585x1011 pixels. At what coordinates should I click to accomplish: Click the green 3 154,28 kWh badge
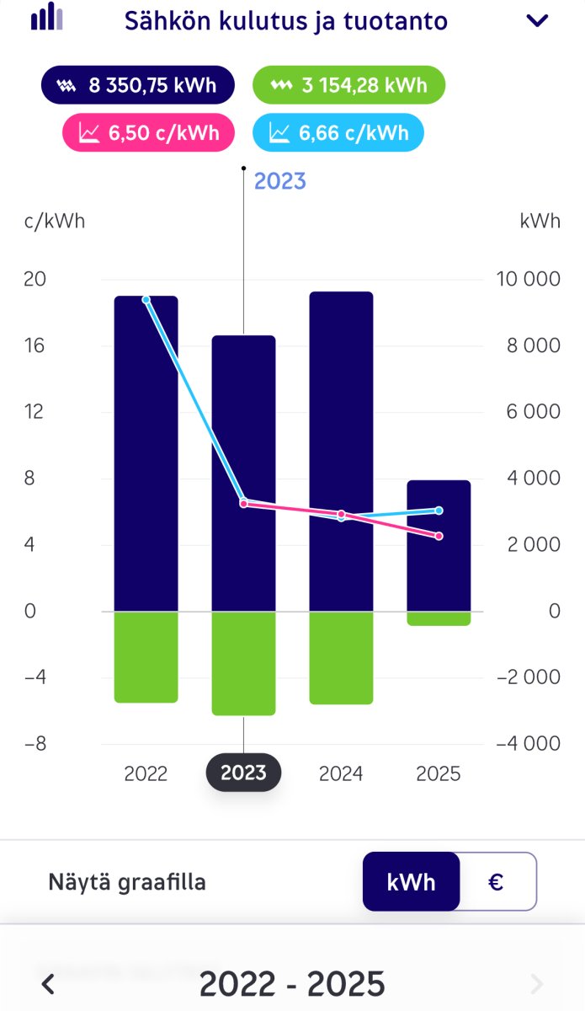point(348,84)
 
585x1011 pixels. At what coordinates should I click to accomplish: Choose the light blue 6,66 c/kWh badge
point(338,132)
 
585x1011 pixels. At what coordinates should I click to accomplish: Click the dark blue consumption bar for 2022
point(146,455)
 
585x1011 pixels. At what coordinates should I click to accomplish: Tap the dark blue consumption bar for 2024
point(342,455)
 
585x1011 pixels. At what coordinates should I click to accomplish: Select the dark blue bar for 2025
point(439,573)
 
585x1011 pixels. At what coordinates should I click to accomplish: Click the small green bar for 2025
point(439,618)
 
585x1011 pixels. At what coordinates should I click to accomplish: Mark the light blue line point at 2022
point(146,300)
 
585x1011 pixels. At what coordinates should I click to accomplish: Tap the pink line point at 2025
point(439,536)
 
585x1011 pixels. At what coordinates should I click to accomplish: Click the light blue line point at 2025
point(439,511)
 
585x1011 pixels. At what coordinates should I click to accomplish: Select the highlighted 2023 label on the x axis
point(243,773)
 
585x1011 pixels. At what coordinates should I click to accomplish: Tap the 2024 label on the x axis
point(341,773)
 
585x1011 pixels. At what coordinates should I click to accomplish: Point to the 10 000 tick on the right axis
point(528,280)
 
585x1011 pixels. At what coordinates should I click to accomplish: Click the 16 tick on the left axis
point(35,345)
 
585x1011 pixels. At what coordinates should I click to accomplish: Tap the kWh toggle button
point(412,882)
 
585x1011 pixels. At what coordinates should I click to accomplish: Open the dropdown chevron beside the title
point(537,21)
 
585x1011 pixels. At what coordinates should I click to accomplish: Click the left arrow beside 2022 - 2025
point(49,983)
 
